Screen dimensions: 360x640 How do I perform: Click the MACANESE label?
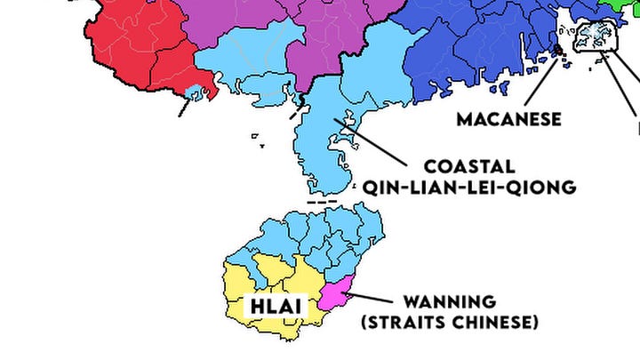(x=509, y=119)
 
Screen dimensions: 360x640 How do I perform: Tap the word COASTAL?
(x=468, y=166)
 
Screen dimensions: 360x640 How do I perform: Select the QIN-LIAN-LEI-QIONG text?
(x=469, y=187)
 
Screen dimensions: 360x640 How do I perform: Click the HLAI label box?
(x=274, y=307)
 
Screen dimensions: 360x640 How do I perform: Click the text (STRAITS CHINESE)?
(x=449, y=321)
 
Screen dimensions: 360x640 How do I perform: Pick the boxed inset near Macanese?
(x=594, y=37)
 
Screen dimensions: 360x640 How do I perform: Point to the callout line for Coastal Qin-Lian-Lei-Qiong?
(x=378, y=142)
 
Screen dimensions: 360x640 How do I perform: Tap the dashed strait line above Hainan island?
(x=321, y=202)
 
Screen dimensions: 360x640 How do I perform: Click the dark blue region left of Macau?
(x=462, y=53)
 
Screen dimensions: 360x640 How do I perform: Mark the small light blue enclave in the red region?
(x=200, y=91)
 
